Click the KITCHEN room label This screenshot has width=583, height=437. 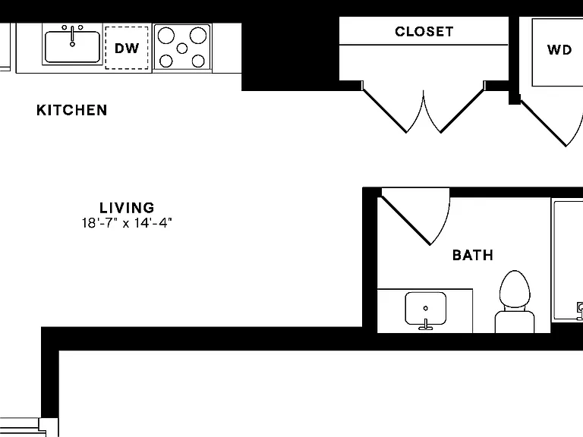click(72, 110)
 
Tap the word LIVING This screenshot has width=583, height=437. click(127, 207)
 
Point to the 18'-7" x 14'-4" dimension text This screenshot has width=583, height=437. click(127, 223)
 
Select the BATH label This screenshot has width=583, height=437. click(473, 255)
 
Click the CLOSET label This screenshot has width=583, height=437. click(424, 32)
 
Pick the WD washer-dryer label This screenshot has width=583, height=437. click(559, 50)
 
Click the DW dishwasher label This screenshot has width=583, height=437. click(127, 49)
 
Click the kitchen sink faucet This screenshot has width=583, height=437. click(73, 36)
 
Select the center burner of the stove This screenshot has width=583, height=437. click(182, 49)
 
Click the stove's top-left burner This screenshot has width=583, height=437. click(165, 36)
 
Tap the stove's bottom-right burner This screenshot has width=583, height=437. click(198, 61)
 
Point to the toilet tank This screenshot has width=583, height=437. click(515, 322)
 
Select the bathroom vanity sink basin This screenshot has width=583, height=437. click(426, 308)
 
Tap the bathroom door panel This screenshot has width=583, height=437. click(406, 221)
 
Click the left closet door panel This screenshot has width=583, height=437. click(384, 111)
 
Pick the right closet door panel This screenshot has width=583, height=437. click(462, 111)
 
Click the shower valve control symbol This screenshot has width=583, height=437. click(580, 310)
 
